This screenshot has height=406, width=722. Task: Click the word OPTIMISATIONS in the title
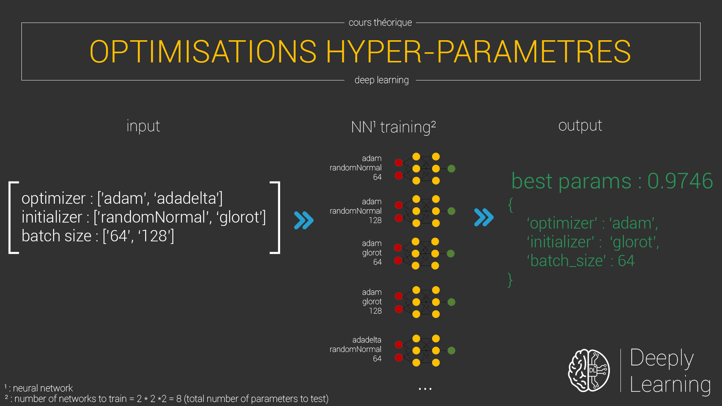coord(203,52)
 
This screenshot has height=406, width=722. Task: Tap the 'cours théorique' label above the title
coord(380,23)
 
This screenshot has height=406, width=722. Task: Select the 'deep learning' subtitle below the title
coord(381,80)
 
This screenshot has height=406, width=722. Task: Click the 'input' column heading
coord(143,126)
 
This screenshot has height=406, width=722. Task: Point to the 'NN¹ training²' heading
coord(393,127)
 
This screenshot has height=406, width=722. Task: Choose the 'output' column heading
coord(580,126)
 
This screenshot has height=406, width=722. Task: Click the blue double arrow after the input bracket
coord(303,220)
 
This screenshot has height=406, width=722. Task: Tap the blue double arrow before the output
coord(484,217)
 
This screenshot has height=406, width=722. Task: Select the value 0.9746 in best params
coord(680,181)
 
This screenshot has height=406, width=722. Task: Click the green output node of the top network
coord(452,169)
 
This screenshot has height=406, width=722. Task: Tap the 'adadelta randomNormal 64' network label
coord(355,349)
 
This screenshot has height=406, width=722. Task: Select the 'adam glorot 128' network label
coord(372,301)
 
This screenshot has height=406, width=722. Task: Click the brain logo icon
coord(589,370)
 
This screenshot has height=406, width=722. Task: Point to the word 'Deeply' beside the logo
coord(662,358)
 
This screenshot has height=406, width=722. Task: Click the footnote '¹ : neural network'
coord(39,388)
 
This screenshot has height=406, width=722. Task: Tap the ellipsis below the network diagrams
coord(425,389)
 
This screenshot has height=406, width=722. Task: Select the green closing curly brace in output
coord(510,280)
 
